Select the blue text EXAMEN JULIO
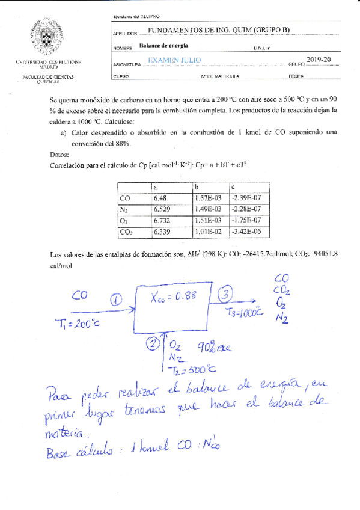(174, 60)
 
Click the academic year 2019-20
(319, 59)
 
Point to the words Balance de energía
(163, 45)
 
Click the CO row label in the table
(125, 197)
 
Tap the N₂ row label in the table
(126, 209)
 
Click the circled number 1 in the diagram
(117, 299)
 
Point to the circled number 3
(225, 295)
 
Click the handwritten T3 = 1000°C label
(245, 312)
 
